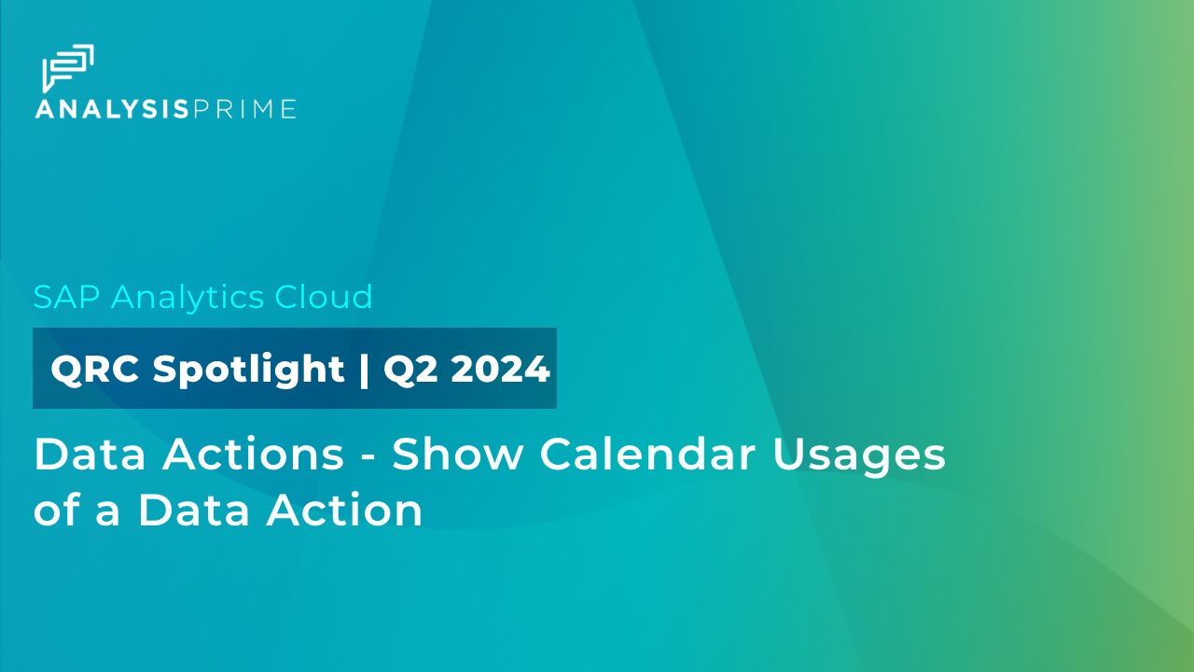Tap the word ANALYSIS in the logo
112,109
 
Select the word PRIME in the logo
244,109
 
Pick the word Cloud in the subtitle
324,297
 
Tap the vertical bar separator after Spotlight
364,370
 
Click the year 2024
501,370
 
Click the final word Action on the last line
345,511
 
